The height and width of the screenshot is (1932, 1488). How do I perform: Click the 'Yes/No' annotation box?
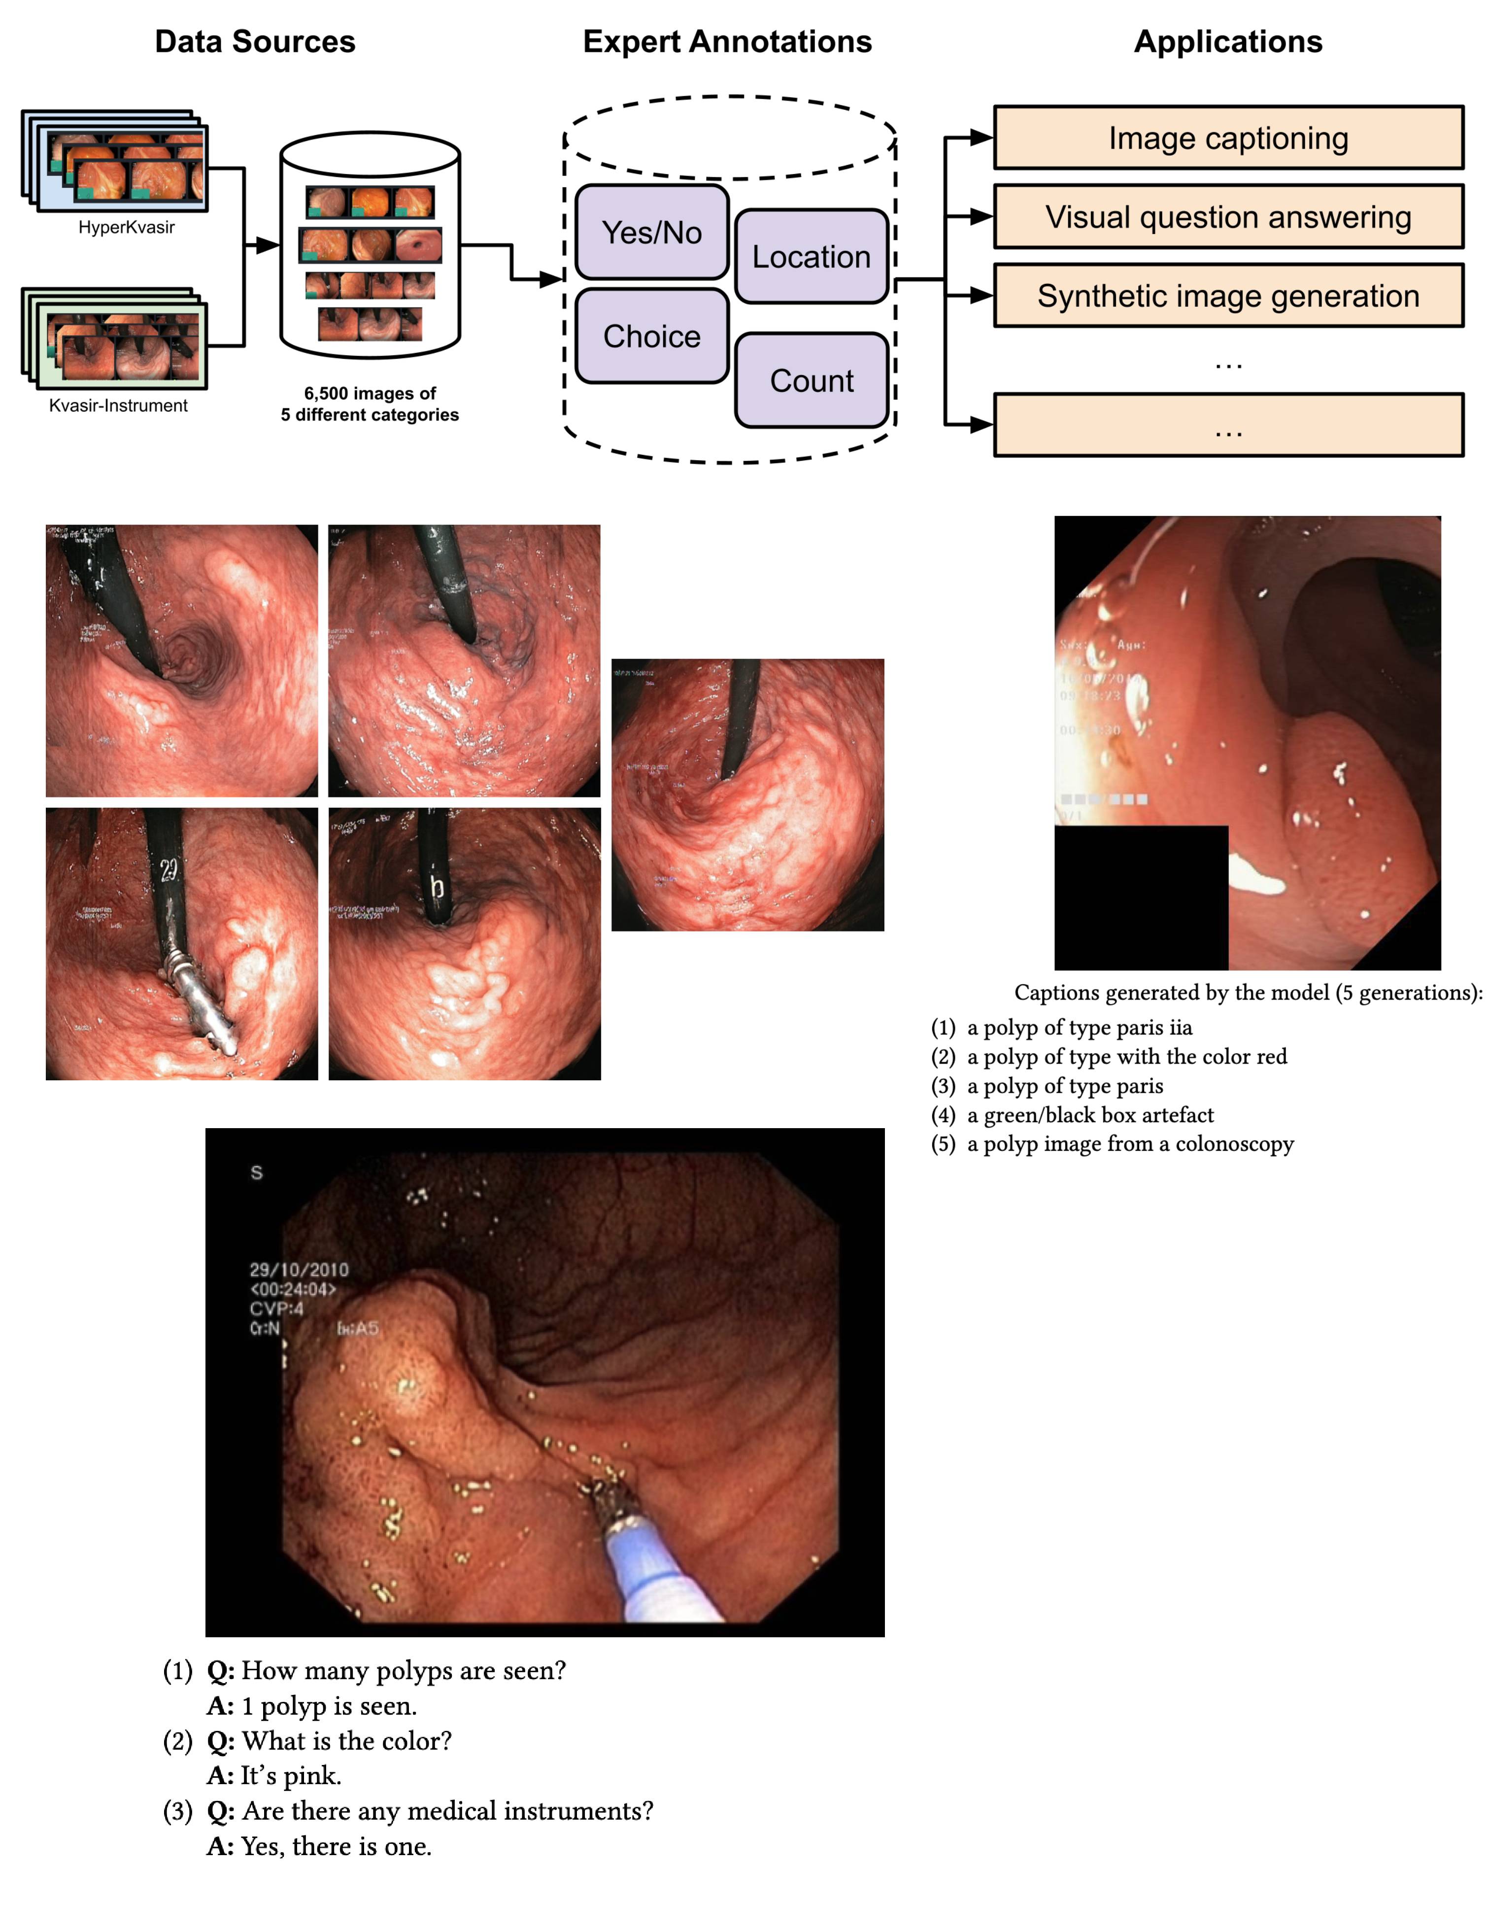(651, 233)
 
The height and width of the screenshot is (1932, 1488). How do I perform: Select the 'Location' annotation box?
(811, 257)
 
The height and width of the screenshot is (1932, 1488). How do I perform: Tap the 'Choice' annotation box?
(651, 336)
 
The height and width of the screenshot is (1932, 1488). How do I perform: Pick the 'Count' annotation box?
(811, 380)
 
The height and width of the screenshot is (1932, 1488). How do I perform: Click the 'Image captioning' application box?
(1228, 138)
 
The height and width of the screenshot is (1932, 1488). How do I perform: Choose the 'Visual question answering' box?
(1228, 217)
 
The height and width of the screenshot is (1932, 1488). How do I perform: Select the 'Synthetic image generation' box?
(1228, 295)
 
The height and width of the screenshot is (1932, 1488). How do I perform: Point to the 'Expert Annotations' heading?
(727, 41)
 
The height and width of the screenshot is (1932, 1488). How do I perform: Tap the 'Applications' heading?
(1228, 41)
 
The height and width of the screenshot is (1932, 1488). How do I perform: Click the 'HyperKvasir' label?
(127, 227)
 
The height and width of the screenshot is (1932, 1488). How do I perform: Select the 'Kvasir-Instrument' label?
(118, 405)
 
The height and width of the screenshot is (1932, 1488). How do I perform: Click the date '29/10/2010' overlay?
(299, 1270)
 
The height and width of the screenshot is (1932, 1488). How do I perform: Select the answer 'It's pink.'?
(291, 1775)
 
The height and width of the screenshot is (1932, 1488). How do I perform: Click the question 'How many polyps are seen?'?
(403, 1671)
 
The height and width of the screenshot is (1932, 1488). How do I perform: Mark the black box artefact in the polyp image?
(1141, 897)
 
